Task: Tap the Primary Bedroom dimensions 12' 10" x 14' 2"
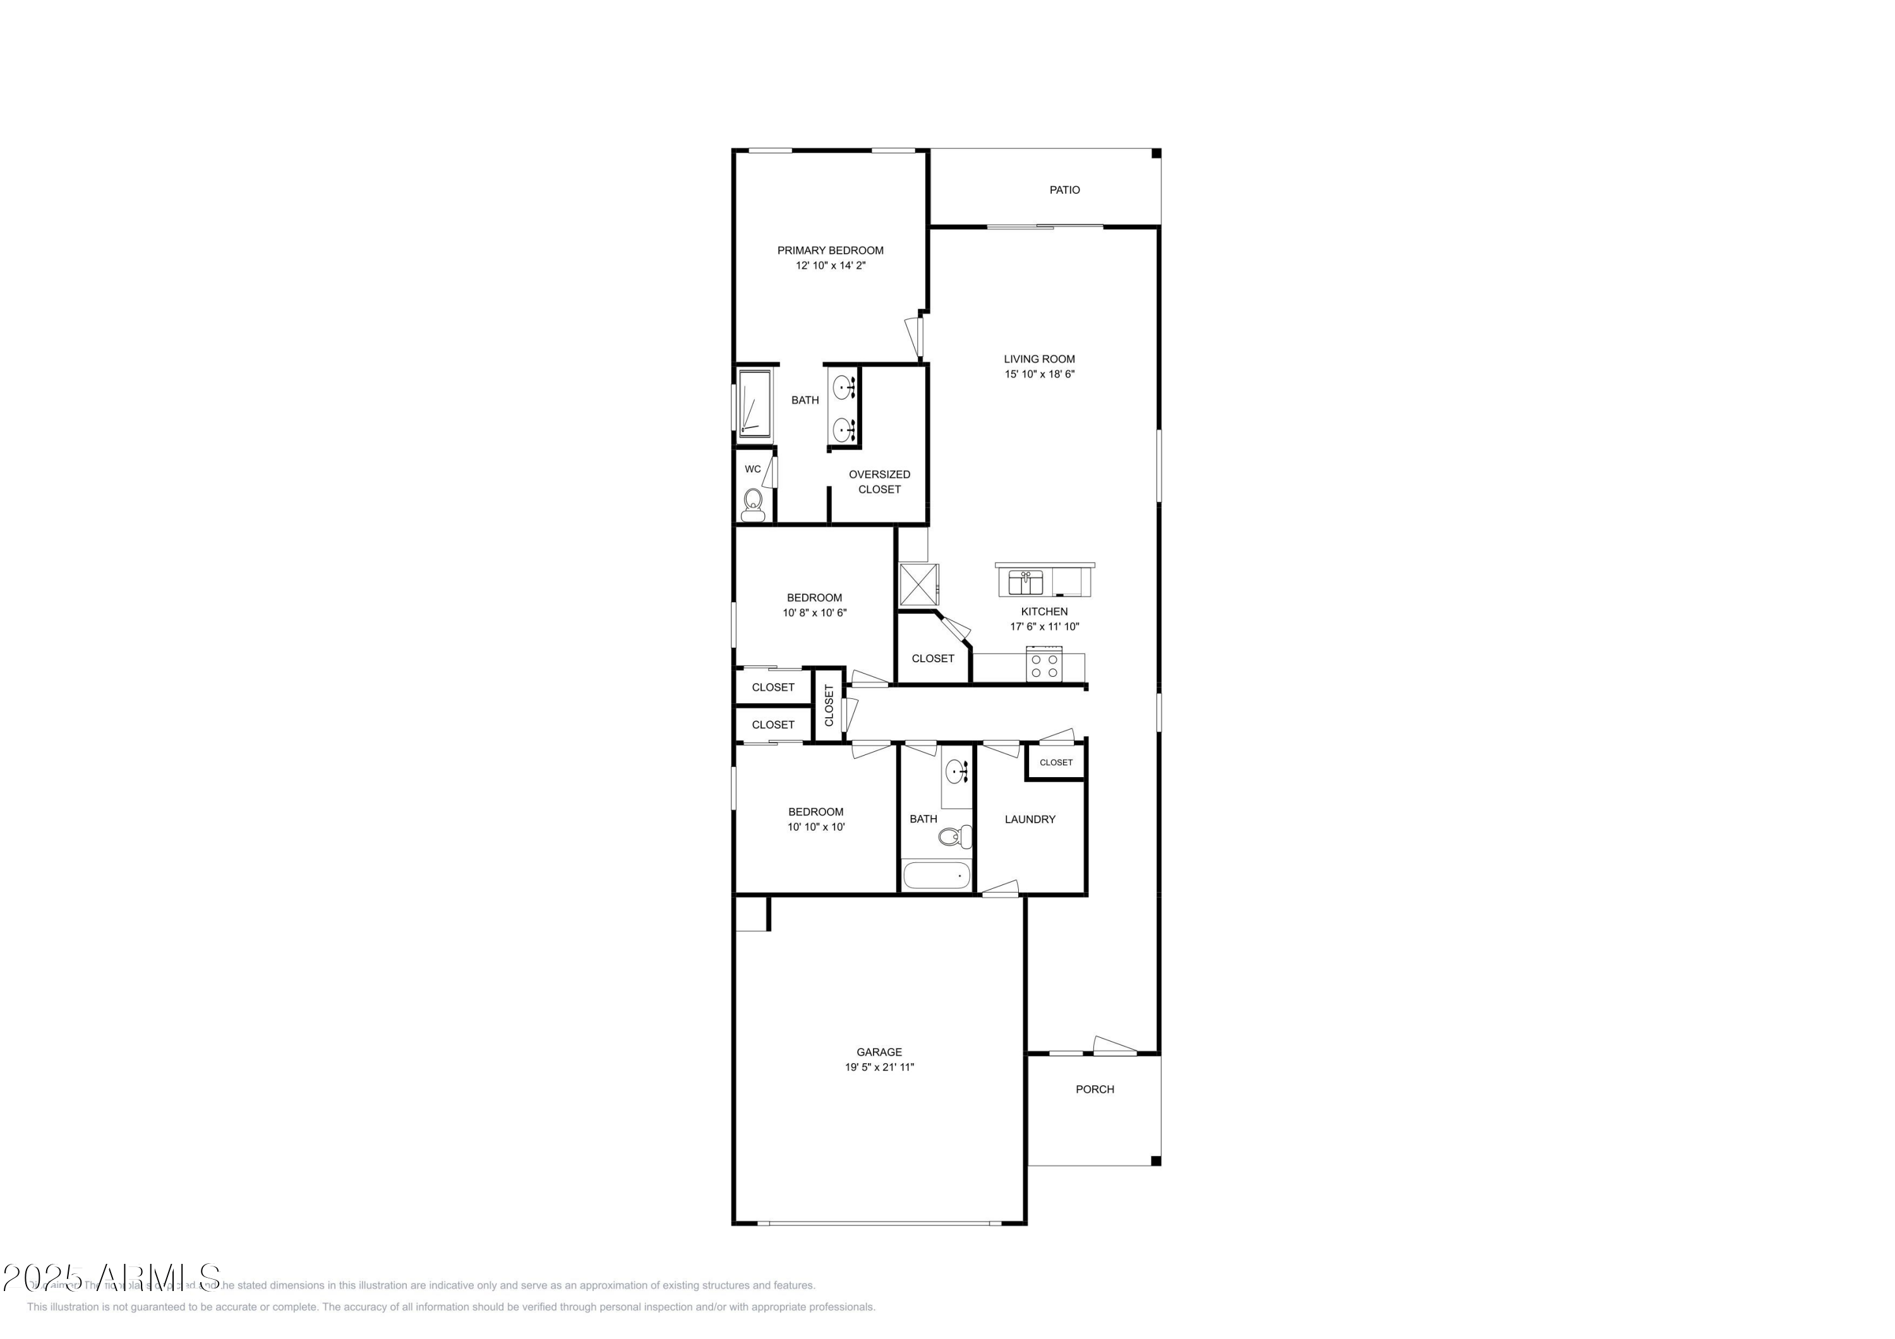(x=830, y=266)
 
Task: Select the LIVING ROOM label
(x=1039, y=359)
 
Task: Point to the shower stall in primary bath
(x=754, y=403)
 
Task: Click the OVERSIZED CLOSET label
(x=879, y=482)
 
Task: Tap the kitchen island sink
(x=1025, y=581)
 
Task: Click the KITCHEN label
(x=1044, y=611)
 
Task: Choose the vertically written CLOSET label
(x=829, y=705)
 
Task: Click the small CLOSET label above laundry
(x=1056, y=763)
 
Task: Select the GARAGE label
(x=879, y=1052)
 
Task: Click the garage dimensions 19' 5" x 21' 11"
(x=879, y=1068)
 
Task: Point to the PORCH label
(x=1095, y=1089)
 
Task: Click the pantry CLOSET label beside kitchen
(x=932, y=658)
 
